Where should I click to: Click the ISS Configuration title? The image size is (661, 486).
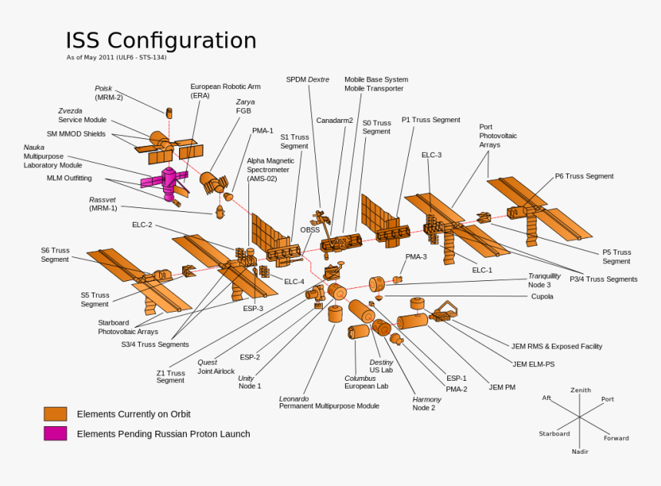point(161,41)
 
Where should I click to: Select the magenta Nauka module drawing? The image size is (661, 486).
point(164,181)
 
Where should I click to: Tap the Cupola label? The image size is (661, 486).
point(542,296)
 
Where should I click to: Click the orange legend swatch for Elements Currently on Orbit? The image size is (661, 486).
point(55,414)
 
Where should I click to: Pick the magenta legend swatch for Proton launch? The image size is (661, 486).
point(55,434)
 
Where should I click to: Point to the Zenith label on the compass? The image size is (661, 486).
point(580,390)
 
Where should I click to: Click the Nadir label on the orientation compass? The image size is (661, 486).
point(580,451)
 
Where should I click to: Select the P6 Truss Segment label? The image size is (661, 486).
point(584,177)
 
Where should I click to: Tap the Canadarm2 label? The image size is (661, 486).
point(334,121)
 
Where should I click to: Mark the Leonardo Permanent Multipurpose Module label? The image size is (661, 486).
point(328,402)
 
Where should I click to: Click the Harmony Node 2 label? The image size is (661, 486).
point(427,404)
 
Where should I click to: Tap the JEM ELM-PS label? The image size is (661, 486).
point(533,364)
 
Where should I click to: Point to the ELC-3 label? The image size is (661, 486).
point(431,155)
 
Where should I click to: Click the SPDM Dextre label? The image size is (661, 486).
point(307,79)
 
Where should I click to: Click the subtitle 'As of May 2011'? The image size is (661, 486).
point(116,58)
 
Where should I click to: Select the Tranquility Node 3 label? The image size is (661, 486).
point(544,280)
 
